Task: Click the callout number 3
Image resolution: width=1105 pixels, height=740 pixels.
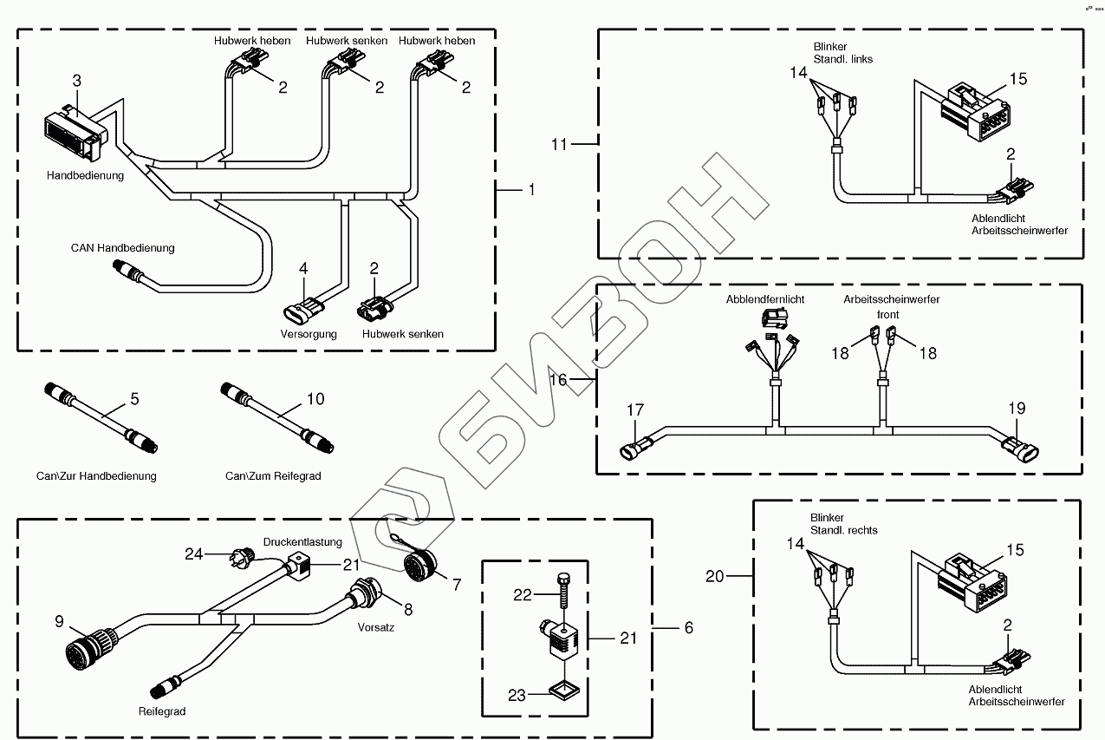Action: point(76,81)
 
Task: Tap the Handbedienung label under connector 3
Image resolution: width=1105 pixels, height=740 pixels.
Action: point(85,175)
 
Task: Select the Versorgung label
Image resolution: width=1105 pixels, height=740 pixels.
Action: point(308,334)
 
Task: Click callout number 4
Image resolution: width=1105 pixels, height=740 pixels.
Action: point(303,269)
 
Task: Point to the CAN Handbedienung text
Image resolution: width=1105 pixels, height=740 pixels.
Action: point(122,248)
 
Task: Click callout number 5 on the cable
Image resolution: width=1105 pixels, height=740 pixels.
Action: point(134,399)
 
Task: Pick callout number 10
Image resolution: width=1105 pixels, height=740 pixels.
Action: point(315,399)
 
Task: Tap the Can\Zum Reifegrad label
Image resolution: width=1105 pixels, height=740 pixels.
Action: point(273,476)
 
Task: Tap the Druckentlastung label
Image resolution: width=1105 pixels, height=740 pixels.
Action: point(302,542)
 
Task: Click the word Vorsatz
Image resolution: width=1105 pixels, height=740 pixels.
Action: point(375,626)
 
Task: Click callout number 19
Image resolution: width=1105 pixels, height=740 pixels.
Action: point(1017,407)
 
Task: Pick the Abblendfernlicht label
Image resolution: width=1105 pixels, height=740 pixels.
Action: point(765,299)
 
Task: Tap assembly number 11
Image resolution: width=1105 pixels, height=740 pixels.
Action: point(559,144)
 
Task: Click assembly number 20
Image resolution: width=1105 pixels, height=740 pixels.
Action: point(714,575)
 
